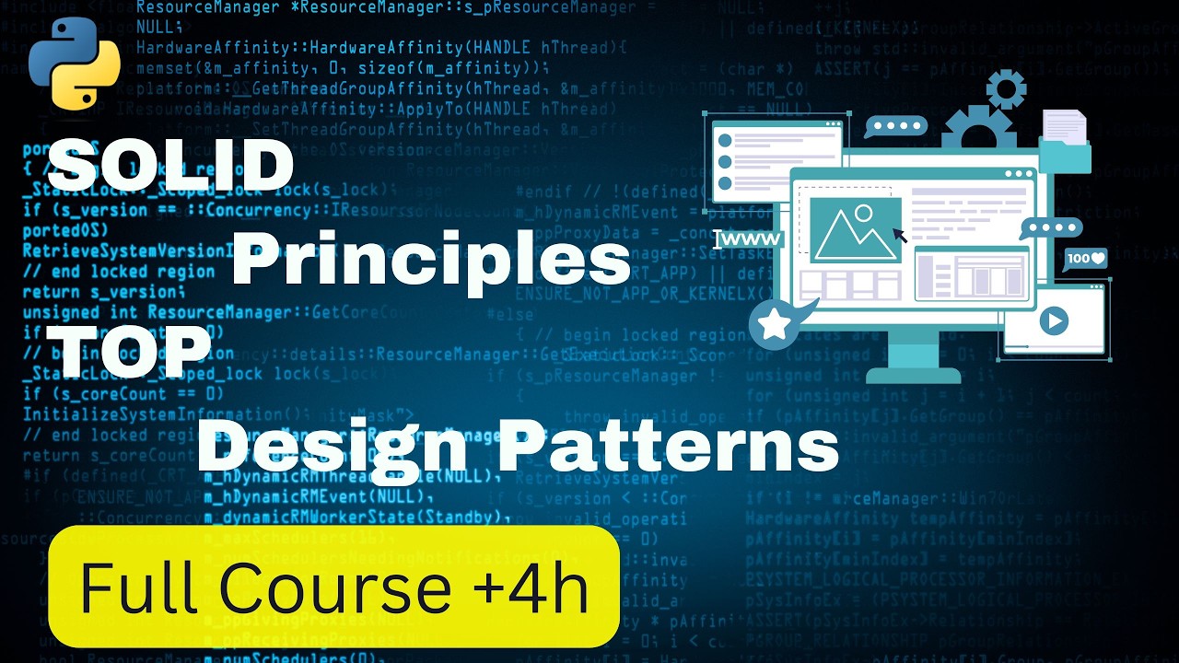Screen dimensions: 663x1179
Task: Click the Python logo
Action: pos(75,61)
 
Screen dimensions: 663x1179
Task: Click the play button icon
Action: pos(1053,320)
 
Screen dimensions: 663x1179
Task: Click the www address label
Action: pos(751,240)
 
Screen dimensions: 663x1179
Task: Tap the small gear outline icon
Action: pos(1005,88)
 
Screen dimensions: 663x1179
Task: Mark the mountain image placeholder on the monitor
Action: pos(856,229)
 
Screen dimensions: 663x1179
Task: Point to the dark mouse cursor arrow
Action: pos(900,236)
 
